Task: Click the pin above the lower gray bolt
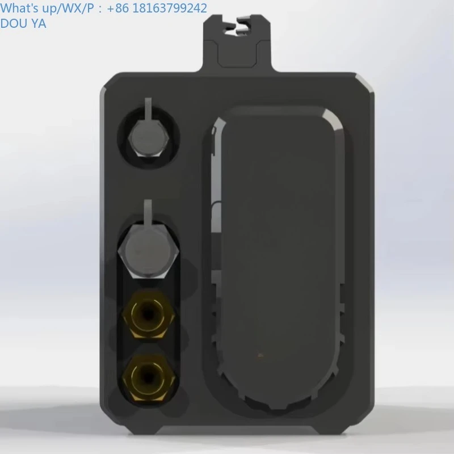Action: click(148, 210)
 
